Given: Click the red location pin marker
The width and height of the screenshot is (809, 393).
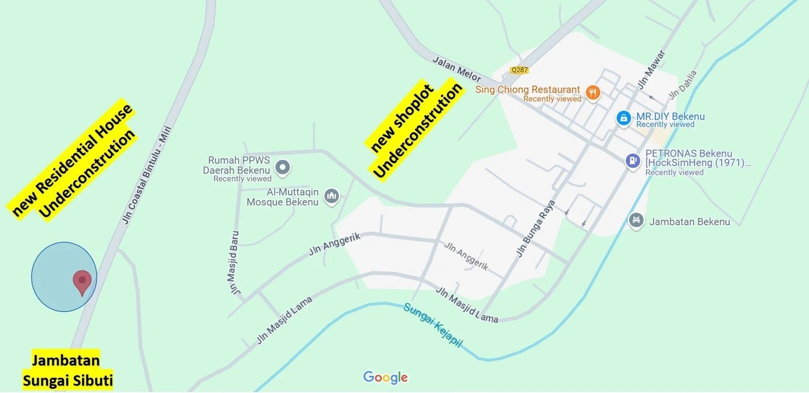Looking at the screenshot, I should click(x=82, y=281).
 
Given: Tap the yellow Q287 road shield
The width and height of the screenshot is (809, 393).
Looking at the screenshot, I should click(x=519, y=70).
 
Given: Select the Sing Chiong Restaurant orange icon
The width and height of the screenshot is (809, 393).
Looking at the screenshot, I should click(x=593, y=93).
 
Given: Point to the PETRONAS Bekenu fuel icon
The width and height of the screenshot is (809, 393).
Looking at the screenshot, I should click(x=633, y=161).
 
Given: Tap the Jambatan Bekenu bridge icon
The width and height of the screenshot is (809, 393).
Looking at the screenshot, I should click(x=636, y=221).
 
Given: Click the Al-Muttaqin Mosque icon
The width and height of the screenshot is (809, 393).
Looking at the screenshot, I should click(x=332, y=196).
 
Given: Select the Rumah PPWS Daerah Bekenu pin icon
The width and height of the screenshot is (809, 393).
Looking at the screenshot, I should click(x=283, y=167).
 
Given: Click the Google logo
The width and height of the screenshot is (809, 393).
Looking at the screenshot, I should click(x=385, y=377).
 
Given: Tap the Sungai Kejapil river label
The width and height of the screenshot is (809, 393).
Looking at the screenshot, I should click(x=433, y=325).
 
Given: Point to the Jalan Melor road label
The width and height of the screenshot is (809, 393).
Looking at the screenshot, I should click(x=457, y=69).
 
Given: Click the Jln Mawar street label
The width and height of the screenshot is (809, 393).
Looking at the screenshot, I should click(x=651, y=70).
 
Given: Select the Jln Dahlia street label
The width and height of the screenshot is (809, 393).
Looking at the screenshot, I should click(x=683, y=84).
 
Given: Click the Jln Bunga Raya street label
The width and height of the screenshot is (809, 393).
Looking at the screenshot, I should click(x=535, y=228).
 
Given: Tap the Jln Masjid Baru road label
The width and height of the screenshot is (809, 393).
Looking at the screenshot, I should click(x=234, y=263).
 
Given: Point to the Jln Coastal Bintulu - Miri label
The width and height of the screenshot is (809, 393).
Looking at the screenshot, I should click(x=147, y=174).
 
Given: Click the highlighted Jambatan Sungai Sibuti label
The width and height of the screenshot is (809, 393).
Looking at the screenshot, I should click(x=67, y=370).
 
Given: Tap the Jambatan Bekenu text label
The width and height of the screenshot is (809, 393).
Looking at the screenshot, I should click(x=689, y=222).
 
